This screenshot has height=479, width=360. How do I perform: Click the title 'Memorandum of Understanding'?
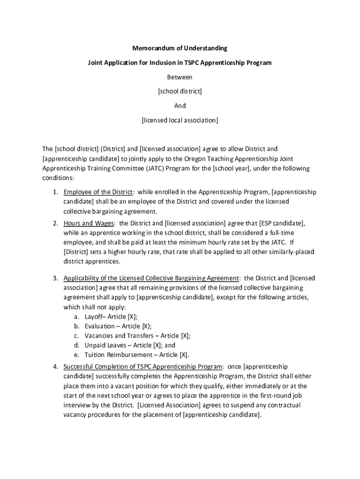pyautogui.click(x=180, y=48)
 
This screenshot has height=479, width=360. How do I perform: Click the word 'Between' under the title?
pyautogui.click(x=180, y=77)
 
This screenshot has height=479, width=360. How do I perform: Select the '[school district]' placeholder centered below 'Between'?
pyautogui.click(x=180, y=91)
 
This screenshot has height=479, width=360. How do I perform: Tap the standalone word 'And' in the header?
pyautogui.click(x=180, y=106)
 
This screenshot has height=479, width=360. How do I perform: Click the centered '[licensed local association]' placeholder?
pyautogui.click(x=180, y=120)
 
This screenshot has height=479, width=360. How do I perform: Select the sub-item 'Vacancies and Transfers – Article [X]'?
pyautogui.click(x=137, y=335)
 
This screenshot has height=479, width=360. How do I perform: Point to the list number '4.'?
pyautogui.click(x=55, y=366)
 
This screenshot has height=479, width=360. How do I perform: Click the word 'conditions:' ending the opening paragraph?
pyautogui.click(x=58, y=178)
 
